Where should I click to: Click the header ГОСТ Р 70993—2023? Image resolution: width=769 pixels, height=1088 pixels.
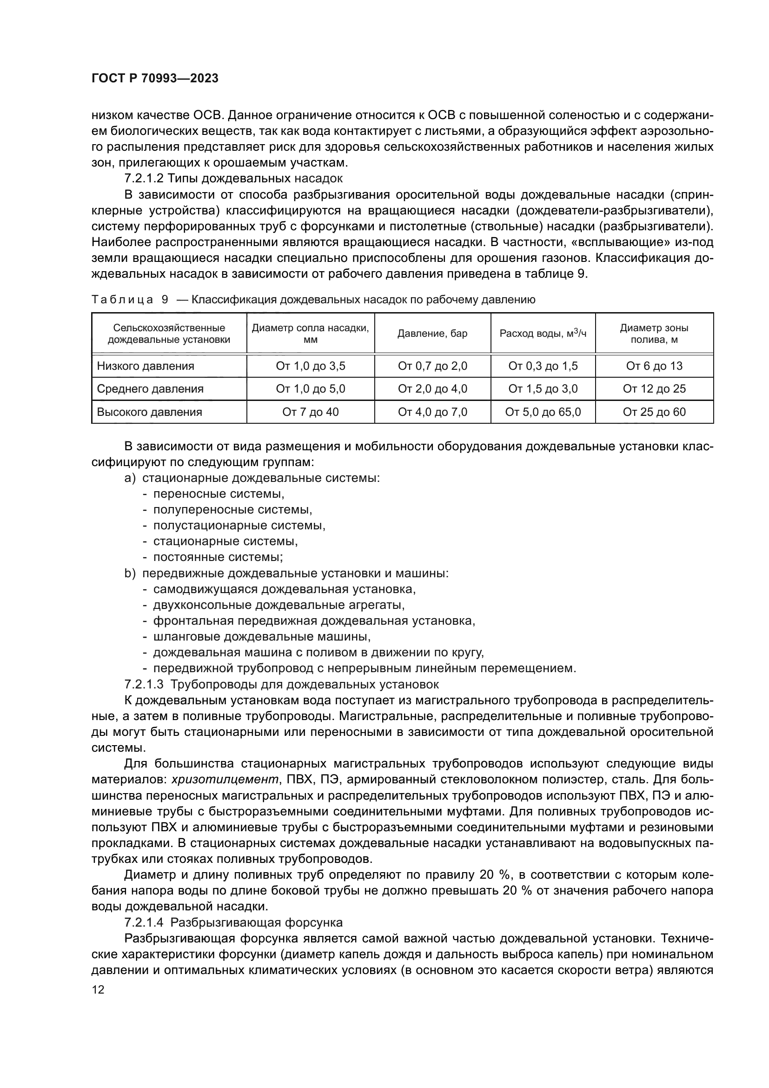155,79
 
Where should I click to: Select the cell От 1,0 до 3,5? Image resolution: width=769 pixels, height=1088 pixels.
311,366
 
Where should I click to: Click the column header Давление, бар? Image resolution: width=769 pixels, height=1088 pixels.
432,333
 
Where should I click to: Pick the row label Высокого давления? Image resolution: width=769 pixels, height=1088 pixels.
149,412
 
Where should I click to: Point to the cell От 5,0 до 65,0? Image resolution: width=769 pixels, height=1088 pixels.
543,412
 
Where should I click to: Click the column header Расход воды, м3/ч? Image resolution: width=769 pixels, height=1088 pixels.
543,333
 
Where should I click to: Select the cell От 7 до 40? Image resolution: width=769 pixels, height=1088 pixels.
311,412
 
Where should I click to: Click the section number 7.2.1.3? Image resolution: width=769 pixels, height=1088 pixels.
144,684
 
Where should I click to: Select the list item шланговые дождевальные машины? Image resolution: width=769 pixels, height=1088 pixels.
261,636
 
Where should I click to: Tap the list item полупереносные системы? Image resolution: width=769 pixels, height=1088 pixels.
232,509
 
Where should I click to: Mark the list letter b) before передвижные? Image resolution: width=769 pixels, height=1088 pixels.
130,574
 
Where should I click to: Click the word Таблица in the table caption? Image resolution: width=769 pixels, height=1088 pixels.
122,300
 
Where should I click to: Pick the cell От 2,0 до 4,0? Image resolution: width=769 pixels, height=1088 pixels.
432,389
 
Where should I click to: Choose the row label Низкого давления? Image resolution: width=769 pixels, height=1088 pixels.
146,366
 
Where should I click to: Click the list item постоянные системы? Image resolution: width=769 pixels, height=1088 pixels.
218,557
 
